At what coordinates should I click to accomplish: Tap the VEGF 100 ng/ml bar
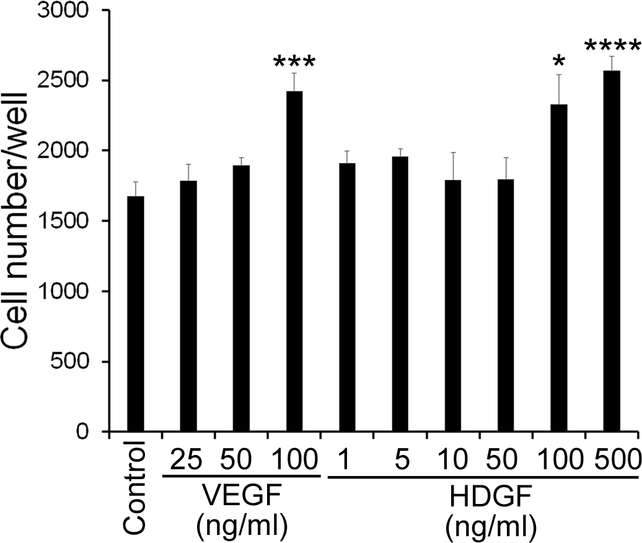pos(294,261)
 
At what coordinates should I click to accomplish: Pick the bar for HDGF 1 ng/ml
pos(347,298)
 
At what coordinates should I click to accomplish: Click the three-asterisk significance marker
pos(294,63)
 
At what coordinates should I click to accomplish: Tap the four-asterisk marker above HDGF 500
pos(612,47)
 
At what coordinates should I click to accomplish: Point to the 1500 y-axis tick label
pos(70,221)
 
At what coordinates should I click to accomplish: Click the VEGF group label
pos(242,497)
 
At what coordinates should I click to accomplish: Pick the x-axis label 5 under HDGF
pos(400,462)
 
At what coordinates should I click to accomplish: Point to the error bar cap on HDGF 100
pos(559,75)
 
